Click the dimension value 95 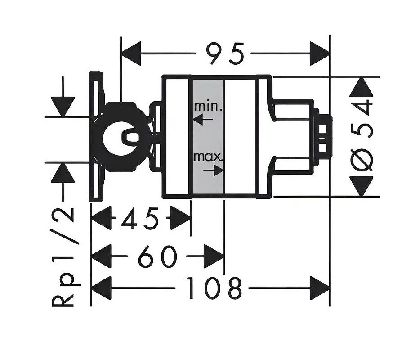(225, 54)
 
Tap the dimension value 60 (157, 256)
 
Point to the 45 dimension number (140, 218)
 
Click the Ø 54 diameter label (362, 135)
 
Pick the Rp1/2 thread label (63, 257)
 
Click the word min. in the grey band (209, 106)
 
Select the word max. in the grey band (208, 157)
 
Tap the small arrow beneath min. (203, 119)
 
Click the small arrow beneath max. (213, 171)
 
